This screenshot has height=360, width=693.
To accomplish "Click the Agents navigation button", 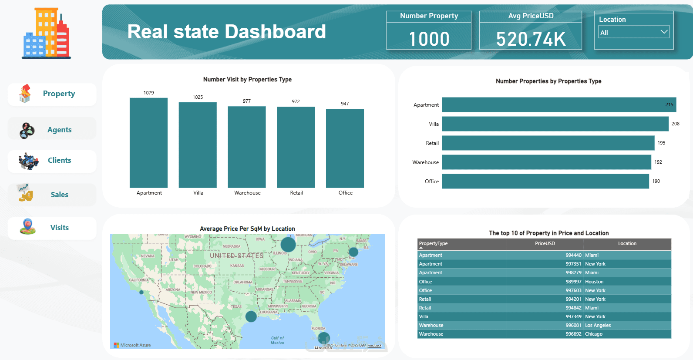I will pos(52,129).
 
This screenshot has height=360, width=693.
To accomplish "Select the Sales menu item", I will pos(52,195).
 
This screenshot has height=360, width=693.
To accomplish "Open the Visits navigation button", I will pos(52,228).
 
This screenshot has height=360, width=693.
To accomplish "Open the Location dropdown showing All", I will pos(633,33).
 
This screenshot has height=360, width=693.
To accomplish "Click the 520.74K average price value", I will pos(531,39).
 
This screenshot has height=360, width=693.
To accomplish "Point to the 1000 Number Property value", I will pos(429,39).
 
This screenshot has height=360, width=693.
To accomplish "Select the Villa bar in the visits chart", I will pos(198,145).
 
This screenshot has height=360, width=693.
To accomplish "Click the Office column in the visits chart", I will pos(345,148).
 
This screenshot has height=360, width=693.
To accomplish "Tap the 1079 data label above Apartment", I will pos(148,93).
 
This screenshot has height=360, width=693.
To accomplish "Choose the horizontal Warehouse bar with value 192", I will pos(546,162).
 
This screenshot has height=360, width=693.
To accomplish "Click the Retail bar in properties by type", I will pos(548,143).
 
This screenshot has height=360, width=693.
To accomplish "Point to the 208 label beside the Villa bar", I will pos(675,124).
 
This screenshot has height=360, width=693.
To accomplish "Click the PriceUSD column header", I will pos(545,244).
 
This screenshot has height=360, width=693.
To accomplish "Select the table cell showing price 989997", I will pos(573,282).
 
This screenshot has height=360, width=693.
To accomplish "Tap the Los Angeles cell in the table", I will pos(598,325).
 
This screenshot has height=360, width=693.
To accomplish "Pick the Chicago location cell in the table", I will pos(594,334).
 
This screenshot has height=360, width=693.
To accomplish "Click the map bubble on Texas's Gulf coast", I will pos(251,316).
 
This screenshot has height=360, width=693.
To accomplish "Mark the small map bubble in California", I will pos(141,293).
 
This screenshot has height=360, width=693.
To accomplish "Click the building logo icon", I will pos(46,33).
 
